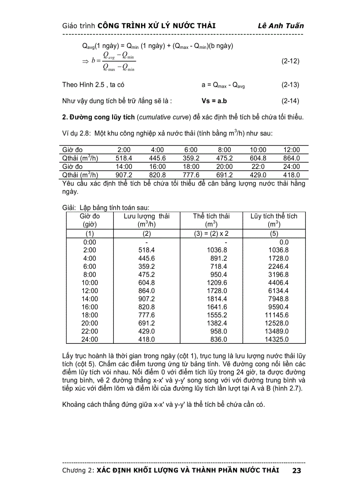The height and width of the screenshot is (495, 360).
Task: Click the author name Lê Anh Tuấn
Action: tap(281, 26)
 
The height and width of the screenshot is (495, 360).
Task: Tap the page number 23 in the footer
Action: tap(296, 471)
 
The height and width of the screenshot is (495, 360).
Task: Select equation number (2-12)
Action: tap(290, 61)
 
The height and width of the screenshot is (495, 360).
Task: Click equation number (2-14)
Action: tap(290, 101)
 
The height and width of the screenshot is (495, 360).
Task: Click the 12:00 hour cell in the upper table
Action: tap(291, 150)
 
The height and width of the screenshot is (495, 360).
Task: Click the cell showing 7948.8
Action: tap(278, 299)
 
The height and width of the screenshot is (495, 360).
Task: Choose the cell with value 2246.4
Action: tap(278, 266)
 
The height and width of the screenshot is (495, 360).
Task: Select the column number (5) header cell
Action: tap(274, 233)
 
